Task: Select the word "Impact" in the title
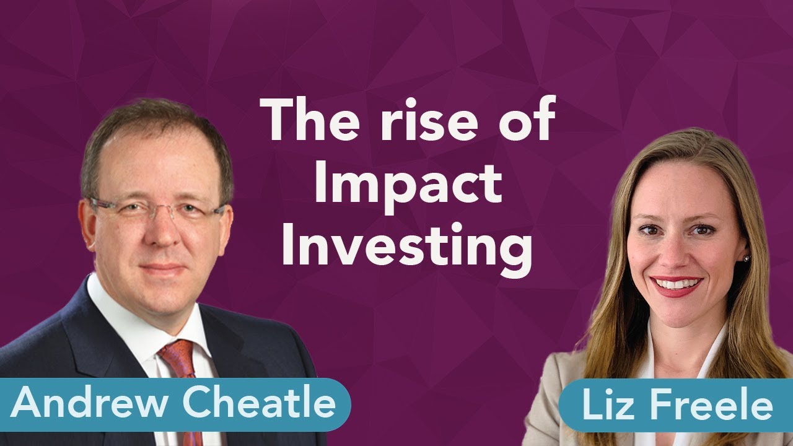pyautogui.click(x=408, y=186)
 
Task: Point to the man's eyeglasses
pyautogui.click(x=155, y=211)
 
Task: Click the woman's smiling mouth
pyautogui.click(x=677, y=285)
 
